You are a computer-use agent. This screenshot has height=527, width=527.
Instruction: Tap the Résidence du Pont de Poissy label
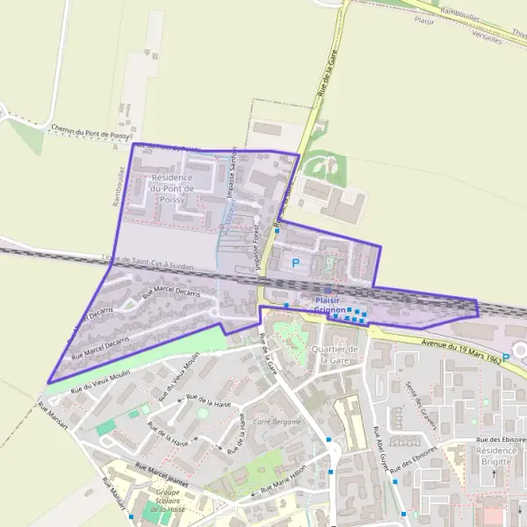(x=171, y=188)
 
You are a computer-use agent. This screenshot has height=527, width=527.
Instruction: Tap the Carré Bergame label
(x=277, y=422)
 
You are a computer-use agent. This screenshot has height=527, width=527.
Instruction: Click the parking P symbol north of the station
(x=295, y=262)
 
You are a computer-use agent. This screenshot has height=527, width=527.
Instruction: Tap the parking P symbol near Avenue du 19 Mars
(x=506, y=357)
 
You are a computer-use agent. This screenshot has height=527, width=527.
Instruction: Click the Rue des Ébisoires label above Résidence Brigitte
(x=501, y=439)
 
